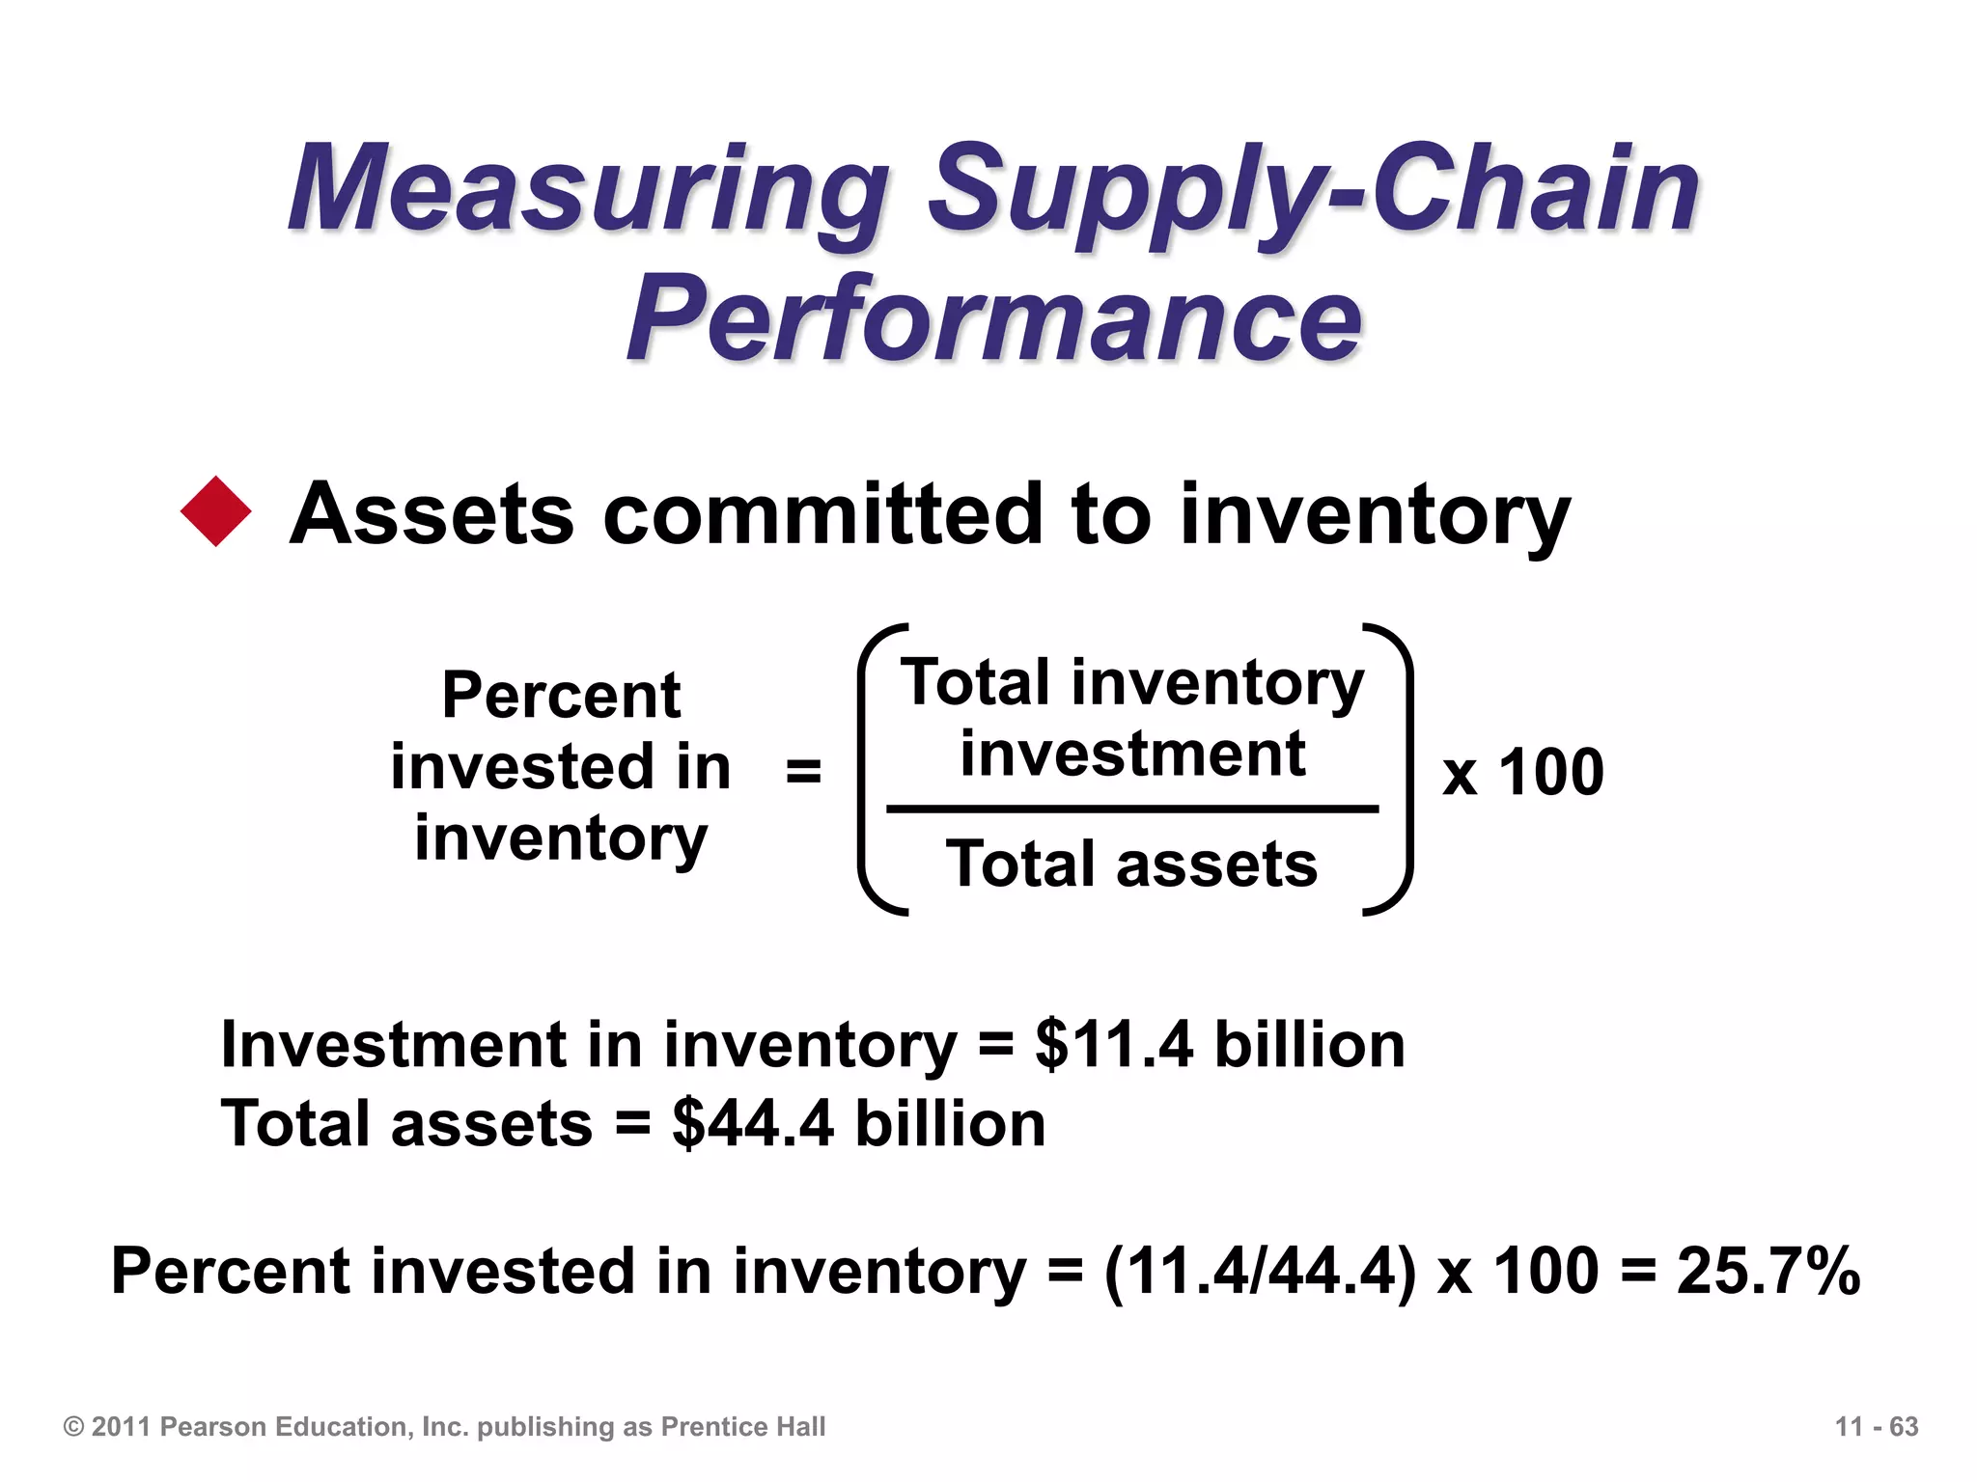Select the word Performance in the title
pyautogui.click(x=994, y=318)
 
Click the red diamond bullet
pyautogui.click(x=216, y=511)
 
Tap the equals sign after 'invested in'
pyautogui.click(x=803, y=771)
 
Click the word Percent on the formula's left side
pyautogui.click(x=561, y=695)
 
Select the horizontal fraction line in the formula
pyautogui.click(x=1131, y=809)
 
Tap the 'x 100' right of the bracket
pyautogui.click(x=1522, y=772)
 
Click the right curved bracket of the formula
pyautogui.click(x=1397, y=770)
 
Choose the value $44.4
pyautogui.click(x=752, y=1124)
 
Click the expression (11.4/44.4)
pyautogui.click(x=1260, y=1271)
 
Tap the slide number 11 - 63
pyautogui.click(x=1876, y=1426)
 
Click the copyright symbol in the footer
pyautogui.click(x=73, y=1426)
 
